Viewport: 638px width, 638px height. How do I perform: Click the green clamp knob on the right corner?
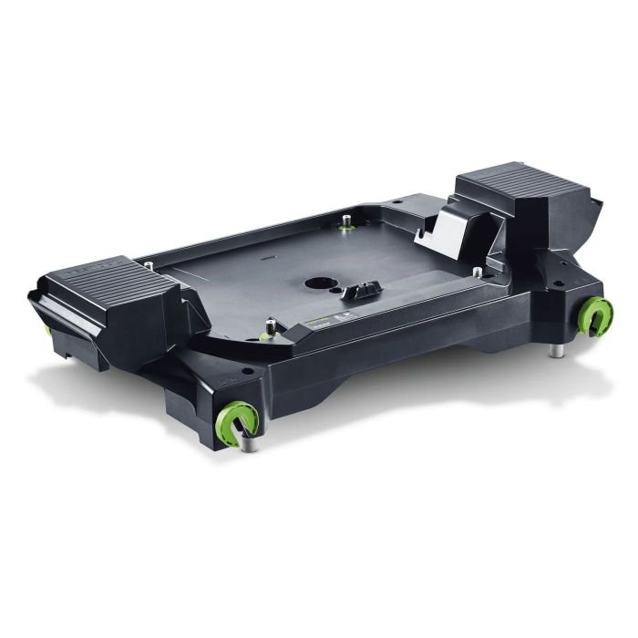(597, 316)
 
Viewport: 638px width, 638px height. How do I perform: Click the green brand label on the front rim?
(321, 321)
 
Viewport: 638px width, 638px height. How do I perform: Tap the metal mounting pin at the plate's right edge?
(477, 271)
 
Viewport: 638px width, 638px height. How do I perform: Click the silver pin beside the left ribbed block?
(149, 265)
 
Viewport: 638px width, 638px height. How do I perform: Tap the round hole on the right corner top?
(554, 283)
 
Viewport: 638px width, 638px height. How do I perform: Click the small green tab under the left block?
(46, 329)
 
